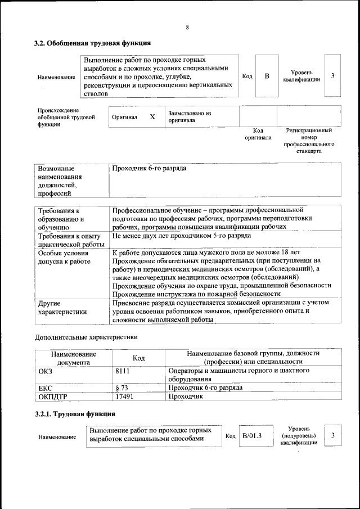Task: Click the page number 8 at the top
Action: click(x=187, y=28)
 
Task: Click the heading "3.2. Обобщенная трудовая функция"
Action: click(x=92, y=43)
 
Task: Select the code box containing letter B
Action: click(x=267, y=76)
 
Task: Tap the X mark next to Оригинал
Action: click(x=152, y=117)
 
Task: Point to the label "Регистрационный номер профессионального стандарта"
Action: click(x=309, y=141)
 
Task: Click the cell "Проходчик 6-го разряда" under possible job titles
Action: click(x=150, y=169)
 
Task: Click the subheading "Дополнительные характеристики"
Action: click(x=86, y=337)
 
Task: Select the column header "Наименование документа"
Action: click(x=74, y=358)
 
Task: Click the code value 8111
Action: click(x=123, y=371)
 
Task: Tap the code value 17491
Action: click(x=124, y=397)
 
